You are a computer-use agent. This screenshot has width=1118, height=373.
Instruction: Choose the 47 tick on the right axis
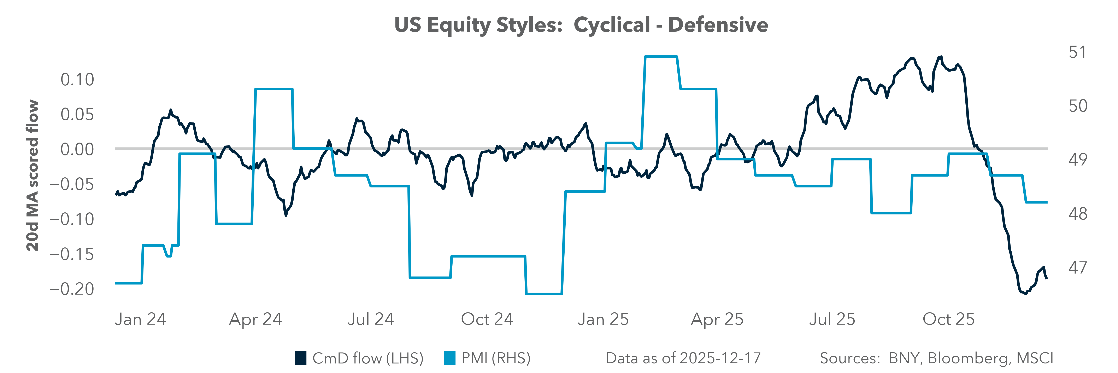coord(1078,268)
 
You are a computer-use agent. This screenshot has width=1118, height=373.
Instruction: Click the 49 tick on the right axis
coord(1078,160)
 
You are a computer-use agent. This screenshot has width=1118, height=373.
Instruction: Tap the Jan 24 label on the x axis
coord(140,319)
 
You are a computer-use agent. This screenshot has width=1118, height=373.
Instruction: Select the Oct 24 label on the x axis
coord(487,319)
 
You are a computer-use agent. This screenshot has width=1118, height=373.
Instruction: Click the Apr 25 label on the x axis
coord(717,319)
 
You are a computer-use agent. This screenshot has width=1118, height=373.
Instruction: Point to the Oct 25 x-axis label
coord(948,319)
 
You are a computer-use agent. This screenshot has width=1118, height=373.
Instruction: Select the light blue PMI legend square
coord(450,358)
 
